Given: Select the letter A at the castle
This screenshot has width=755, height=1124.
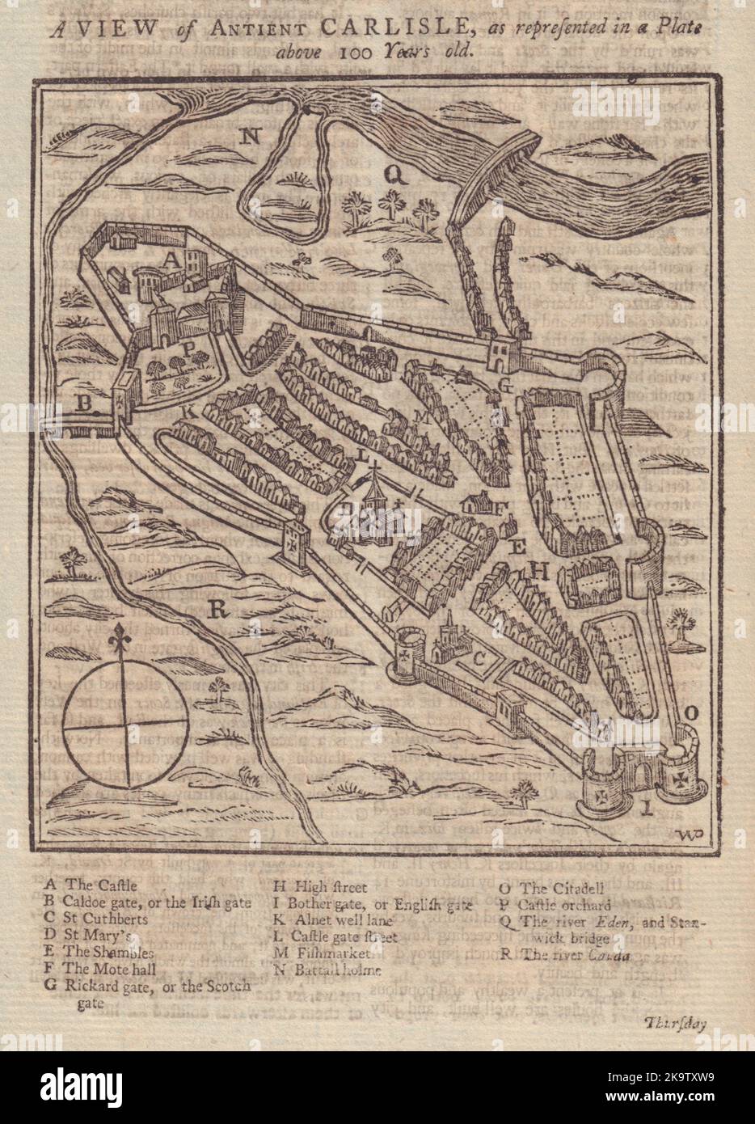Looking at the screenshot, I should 171,260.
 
